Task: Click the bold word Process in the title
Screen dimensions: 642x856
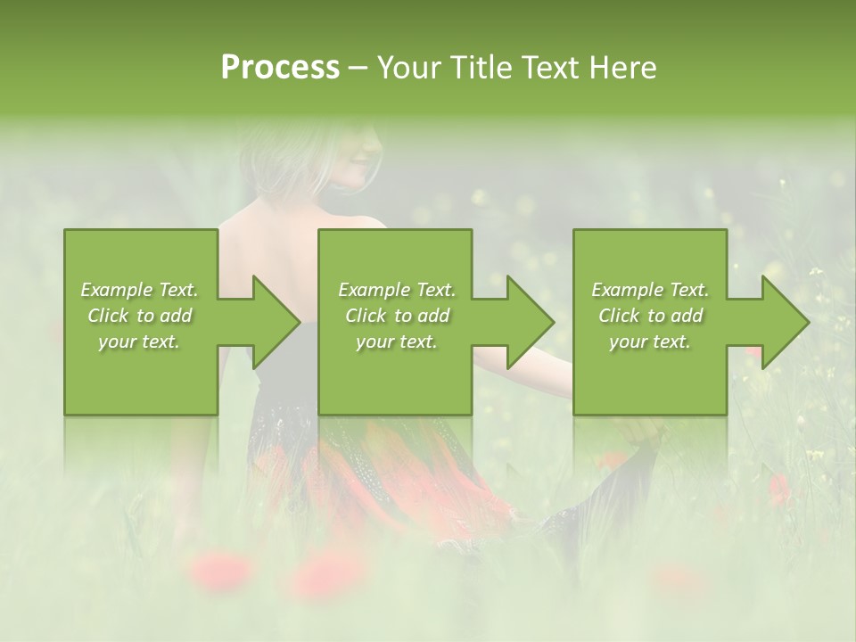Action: coord(280,68)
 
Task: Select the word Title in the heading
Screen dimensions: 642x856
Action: coord(481,68)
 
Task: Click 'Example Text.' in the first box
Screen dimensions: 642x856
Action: coord(140,290)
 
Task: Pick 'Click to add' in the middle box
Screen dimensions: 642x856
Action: coord(397,316)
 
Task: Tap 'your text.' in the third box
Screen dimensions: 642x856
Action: coord(650,342)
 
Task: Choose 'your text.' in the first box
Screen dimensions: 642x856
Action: coord(140,342)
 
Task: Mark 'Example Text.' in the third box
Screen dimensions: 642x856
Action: coord(650,290)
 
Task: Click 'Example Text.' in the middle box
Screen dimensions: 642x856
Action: coord(397,290)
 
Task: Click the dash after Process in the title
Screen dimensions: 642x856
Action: coord(358,68)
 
